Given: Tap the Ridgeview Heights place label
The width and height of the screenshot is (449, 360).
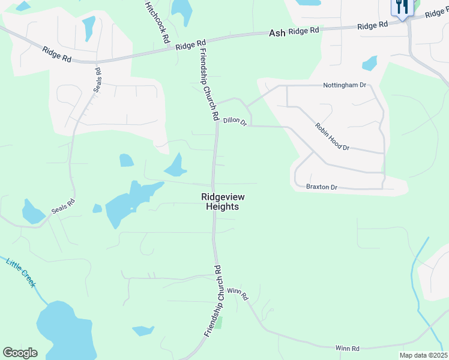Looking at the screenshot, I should click(223, 202).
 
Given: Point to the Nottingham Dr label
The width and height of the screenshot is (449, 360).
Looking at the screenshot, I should click(345, 85).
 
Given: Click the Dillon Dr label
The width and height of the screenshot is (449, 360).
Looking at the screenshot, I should click(235, 121).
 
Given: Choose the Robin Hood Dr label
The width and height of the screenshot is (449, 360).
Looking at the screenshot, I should click(332, 137).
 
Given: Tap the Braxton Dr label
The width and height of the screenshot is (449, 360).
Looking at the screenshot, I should click(322, 187).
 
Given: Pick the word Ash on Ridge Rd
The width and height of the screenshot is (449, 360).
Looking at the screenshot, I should click(277, 34).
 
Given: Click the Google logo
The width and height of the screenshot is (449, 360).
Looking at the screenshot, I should click(20, 353).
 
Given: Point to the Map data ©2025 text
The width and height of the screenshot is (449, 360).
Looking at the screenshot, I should click(423, 355).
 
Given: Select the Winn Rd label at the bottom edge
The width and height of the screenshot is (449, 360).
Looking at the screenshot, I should click(348, 348).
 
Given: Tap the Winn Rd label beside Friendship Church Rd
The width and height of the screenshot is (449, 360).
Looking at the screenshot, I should click(238, 294).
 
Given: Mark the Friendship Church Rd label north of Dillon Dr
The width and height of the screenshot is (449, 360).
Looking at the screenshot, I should click(206, 84).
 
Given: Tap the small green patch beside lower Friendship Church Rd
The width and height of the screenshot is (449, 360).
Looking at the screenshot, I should click(218, 322).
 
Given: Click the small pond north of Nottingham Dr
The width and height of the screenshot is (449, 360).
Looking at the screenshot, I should click(370, 63).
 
